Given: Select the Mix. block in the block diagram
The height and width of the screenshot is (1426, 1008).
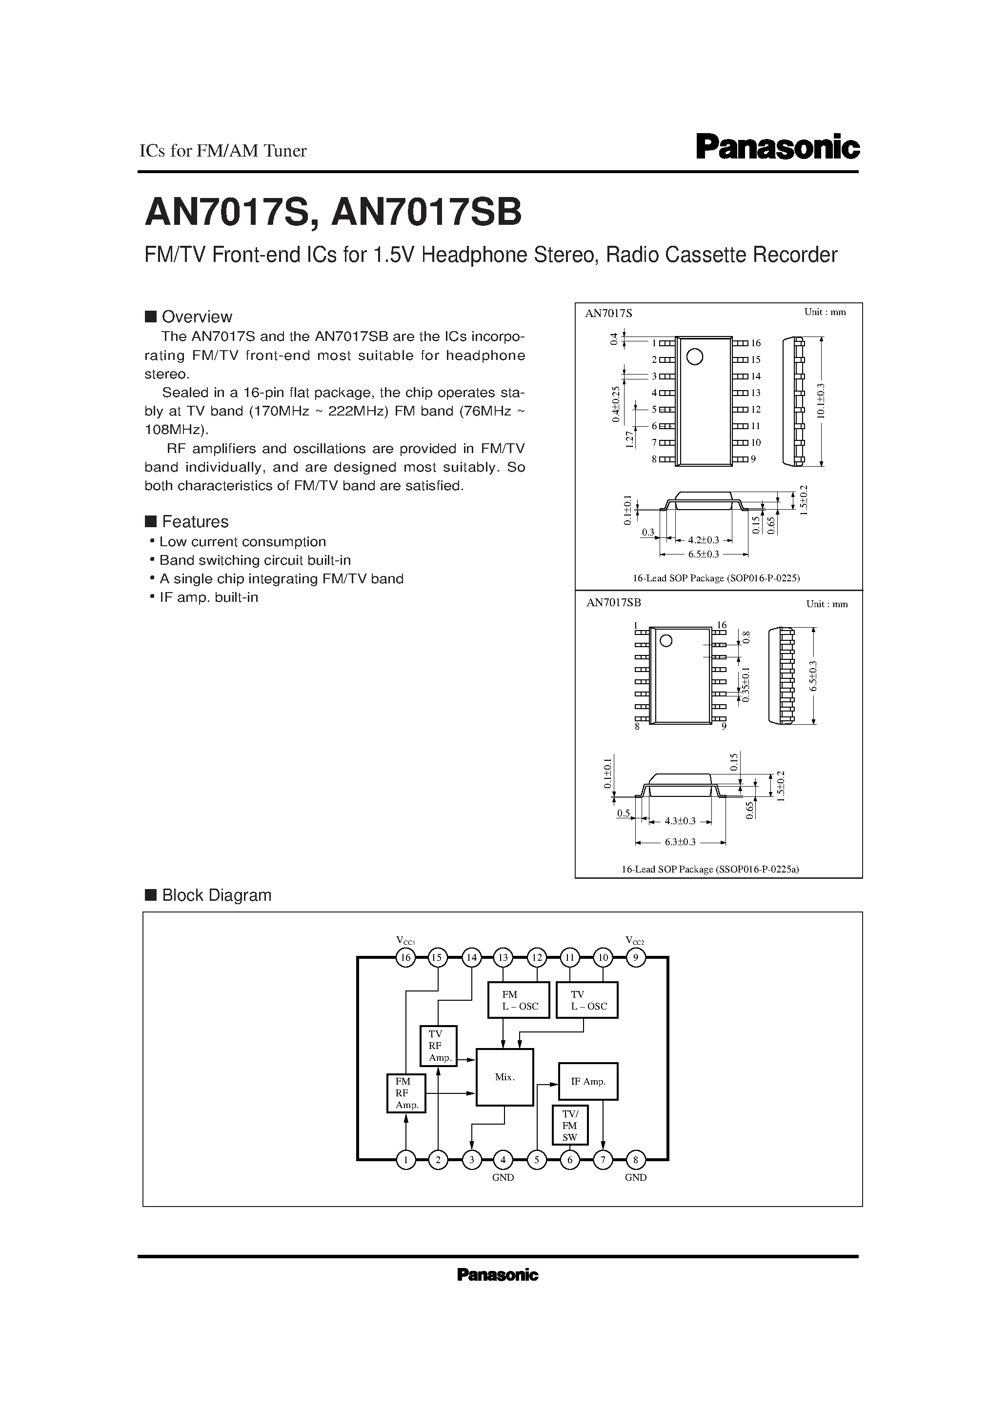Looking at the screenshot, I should coord(504,1077).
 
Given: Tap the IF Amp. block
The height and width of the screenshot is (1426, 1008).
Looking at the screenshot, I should coord(587,1081).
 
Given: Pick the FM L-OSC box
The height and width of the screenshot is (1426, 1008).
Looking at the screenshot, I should coord(518,1000).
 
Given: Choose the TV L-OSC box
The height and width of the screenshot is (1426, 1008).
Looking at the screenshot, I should coord(586,1000).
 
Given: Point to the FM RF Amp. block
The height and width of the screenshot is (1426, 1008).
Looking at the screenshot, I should coord(406,1093).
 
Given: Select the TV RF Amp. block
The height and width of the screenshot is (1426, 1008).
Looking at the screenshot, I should coord(438,1046).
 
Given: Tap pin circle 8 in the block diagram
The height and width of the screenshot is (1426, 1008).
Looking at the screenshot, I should coord(635,1160).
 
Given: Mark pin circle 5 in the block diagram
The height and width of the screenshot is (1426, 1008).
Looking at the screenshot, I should coord(536,1160).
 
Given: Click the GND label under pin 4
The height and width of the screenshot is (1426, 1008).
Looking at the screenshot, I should coord(503,1178).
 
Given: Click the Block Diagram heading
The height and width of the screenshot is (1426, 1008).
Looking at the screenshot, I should coord(216,895).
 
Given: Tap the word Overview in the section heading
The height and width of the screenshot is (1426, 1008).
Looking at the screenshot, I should coord(197,317).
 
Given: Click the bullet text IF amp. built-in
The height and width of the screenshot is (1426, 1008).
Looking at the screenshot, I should coord(208,597).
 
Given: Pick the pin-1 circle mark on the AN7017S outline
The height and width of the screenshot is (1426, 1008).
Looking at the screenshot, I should coord(694,356).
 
